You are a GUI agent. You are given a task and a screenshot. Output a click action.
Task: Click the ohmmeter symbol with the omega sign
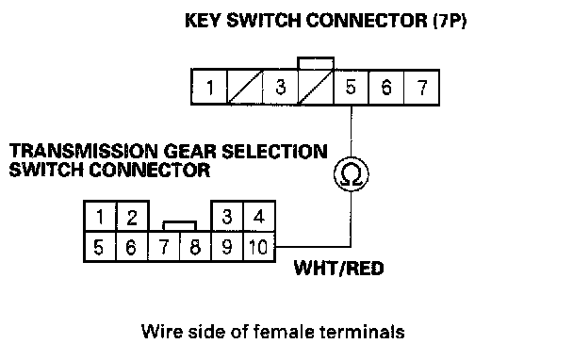point(352,174)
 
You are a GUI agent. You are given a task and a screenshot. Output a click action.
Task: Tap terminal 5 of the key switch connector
point(351,88)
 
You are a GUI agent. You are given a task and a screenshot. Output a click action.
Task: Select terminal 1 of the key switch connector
point(209,88)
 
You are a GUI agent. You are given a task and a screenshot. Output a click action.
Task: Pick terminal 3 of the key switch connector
point(280,88)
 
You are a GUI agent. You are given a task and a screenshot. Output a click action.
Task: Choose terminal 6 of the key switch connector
point(386,88)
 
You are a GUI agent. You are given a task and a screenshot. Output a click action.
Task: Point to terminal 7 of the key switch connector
point(421,88)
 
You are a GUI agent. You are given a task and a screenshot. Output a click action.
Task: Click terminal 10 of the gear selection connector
point(259,247)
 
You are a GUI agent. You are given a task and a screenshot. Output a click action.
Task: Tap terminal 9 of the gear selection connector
point(227,247)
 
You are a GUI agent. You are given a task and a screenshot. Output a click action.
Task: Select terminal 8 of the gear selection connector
point(195,247)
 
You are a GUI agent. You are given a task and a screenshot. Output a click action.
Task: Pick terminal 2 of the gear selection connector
point(132,217)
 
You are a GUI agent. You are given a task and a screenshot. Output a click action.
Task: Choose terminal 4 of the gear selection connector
point(259,217)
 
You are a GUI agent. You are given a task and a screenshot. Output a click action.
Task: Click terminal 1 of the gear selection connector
point(100,217)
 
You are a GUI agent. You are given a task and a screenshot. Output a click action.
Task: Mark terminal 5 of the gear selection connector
point(99,247)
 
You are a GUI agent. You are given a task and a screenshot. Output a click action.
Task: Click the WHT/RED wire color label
point(338,269)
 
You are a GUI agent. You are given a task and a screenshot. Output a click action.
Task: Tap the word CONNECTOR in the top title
point(367,21)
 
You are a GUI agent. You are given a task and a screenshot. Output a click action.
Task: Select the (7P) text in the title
point(450,21)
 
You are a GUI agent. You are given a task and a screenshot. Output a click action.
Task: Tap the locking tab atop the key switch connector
point(316,63)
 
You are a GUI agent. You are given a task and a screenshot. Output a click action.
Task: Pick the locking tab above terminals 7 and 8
point(179,225)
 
